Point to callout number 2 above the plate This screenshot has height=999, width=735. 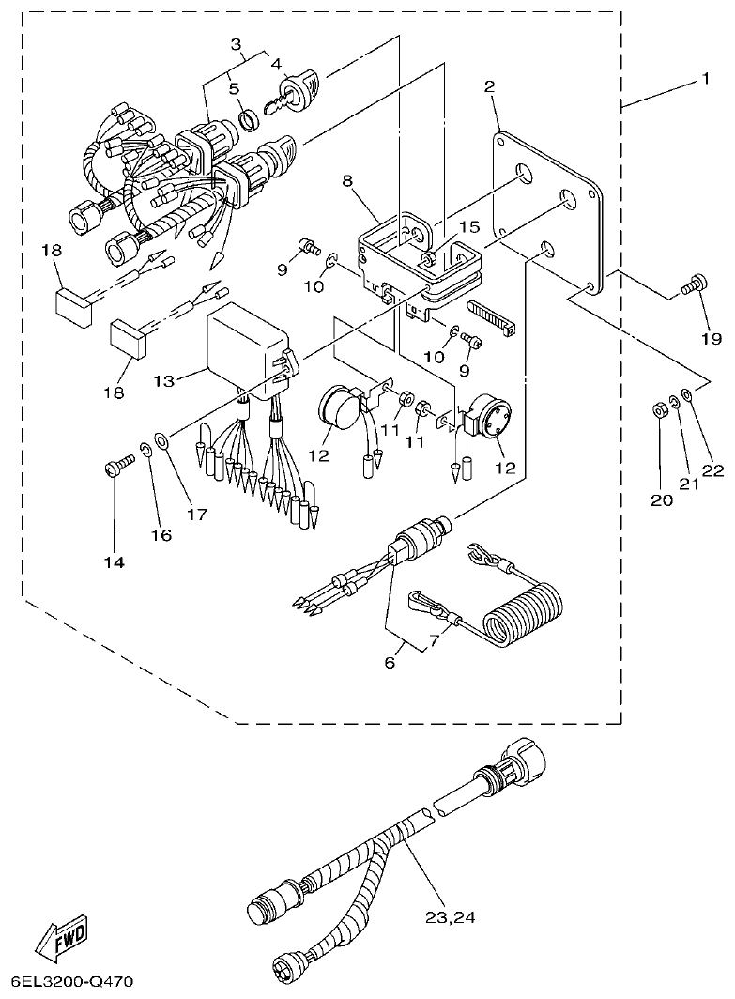click(x=489, y=87)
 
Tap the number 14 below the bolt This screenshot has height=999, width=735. click(x=114, y=561)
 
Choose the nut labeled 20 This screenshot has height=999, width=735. click(x=659, y=409)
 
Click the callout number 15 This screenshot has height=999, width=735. click(x=468, y=226)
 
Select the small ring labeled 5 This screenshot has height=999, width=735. click(x=249, y=118)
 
